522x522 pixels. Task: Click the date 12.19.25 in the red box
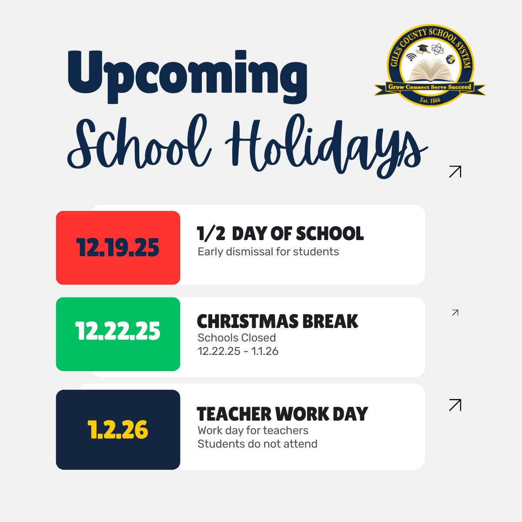[x=118, y=248]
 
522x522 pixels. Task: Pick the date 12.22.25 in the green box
[x=118, y=331]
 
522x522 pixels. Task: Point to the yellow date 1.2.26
[x=118, y=430]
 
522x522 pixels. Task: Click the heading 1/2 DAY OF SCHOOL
[x=280, y=234]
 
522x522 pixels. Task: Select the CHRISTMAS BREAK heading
[x=278, y=321]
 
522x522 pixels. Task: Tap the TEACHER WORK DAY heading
[x=282, y=414]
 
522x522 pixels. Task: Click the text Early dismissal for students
[x=268, y=252]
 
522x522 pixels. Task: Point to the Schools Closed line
[x=237, y=338]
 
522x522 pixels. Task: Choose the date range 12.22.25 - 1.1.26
[x=238, y=351]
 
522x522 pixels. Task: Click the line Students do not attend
[x=258, y=444]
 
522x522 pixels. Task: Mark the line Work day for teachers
[x=253, y=431]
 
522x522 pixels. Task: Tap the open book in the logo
[x=430, y=70]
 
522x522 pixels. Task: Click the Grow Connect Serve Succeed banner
[x=430, y=87]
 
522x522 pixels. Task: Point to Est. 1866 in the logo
[x=430, y=100]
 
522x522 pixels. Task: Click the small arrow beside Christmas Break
[x=455, y=312]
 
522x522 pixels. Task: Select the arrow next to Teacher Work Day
[x=455, y=405]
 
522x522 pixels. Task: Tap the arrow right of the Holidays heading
[x=455, y=171]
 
